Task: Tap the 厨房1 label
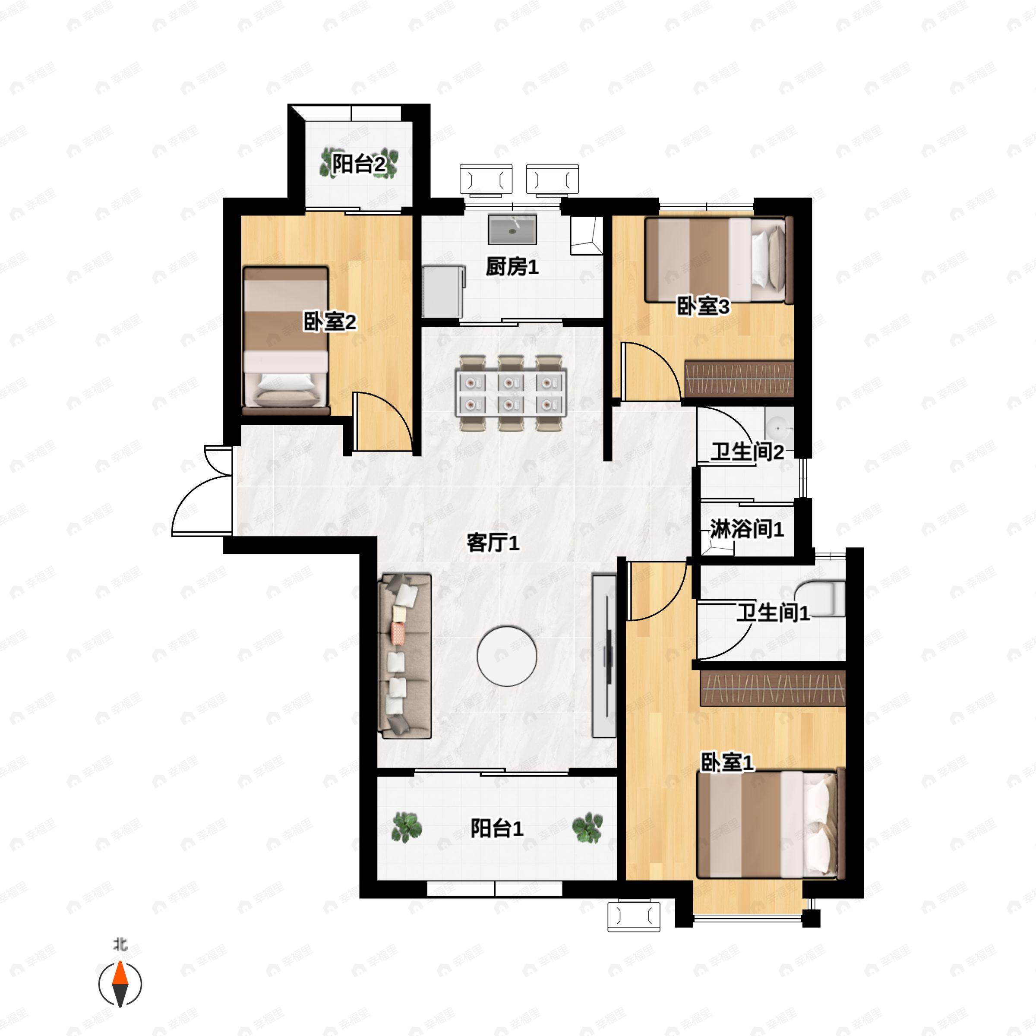pyautogui.click(x=512, y=266)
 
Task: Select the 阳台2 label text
pyautogui.click(x=358, y=164)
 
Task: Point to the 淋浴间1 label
pyautogui.click(x=746, y=529)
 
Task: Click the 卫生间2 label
pyautogui.click(x=747, y=452)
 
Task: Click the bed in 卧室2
pyautogui.click(x=285, y=341)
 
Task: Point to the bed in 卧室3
pyautogui.click(x=719, y=260)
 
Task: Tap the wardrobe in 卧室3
pyautogui.click(x=739, y=379)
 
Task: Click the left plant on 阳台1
pyautogui.click(x=406, y=827)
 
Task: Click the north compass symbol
pyautogui.click(x=120, y=984)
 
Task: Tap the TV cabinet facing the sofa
pyautogui.click(x=604, y=656)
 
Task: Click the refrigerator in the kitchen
pyautogui.click(x=443, y=291)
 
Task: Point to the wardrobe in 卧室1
pyautogui.click(x=772, y=689)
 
